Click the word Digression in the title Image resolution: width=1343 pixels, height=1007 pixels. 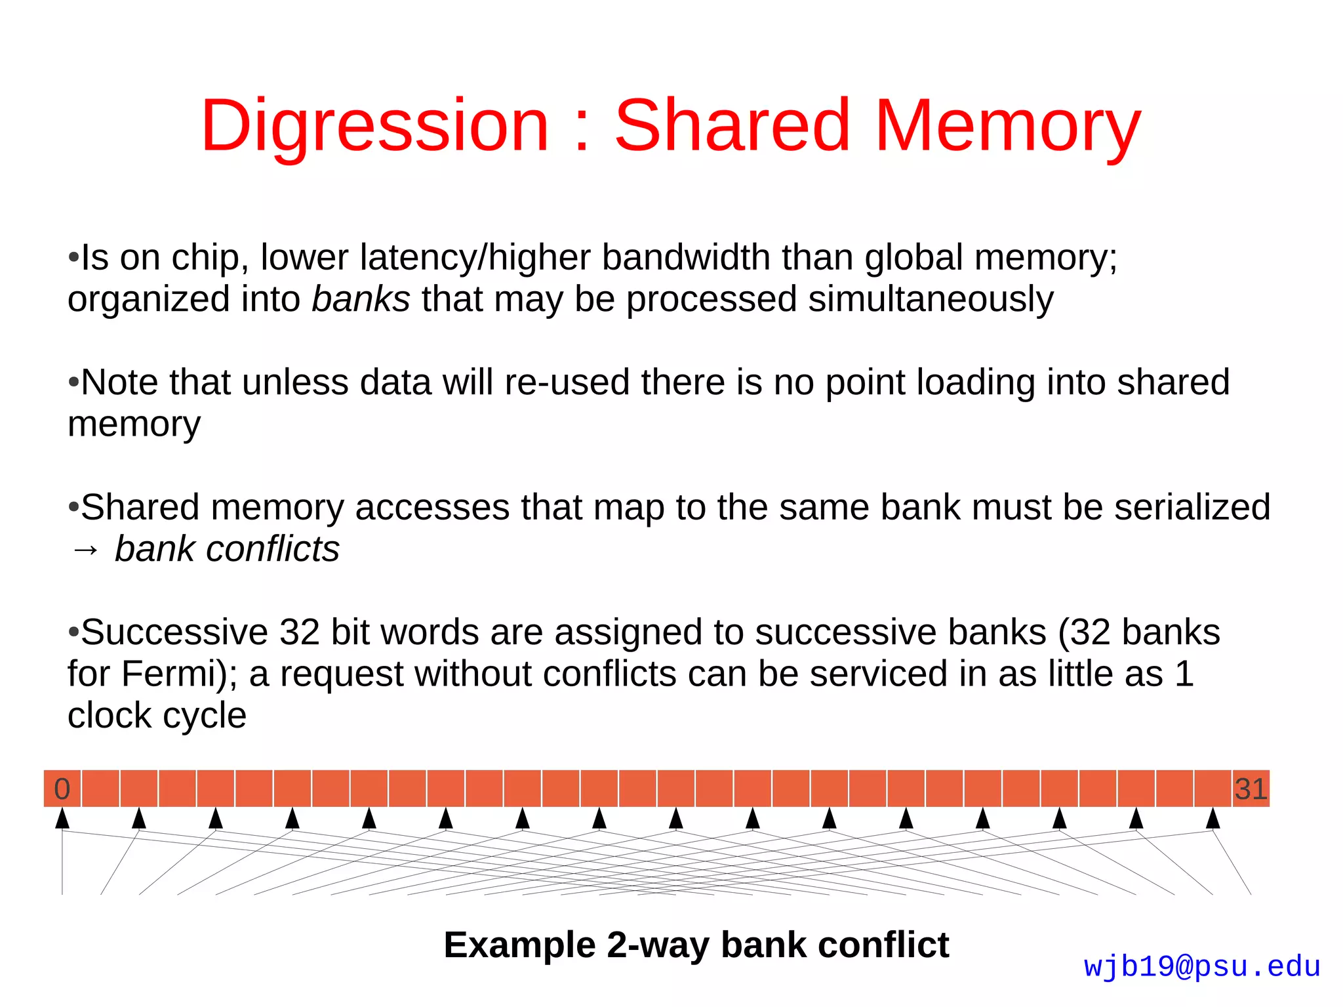tap(374, 126)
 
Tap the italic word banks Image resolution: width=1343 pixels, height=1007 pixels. tap(361, 299)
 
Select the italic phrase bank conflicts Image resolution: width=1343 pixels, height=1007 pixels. tap(227, 549)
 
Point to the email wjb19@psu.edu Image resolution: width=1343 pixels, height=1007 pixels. tap(1201, 966)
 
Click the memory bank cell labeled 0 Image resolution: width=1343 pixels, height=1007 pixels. tap(62, 789)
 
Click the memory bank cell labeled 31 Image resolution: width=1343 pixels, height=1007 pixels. tap(1251, 789)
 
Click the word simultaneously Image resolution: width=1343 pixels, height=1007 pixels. tap(931, 299)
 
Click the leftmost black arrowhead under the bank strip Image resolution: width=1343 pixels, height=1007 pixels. tap(62, 818)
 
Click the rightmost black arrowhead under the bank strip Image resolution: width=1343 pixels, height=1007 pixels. tap(1213, 818)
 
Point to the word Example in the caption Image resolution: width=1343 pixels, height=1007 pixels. tap(519, 945)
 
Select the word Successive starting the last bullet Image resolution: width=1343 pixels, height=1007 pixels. tap(174, 632)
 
